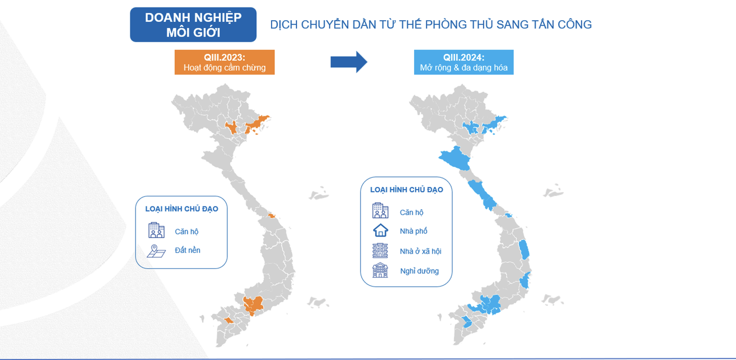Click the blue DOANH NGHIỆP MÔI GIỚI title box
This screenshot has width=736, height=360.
click(x=193, y=24)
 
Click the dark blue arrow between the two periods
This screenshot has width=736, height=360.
click(x=348, y=62)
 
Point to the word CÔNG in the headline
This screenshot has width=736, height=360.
click(x=573, y=24)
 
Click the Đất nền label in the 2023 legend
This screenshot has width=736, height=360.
click(x=187, y=250)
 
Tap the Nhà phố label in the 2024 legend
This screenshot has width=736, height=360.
click(x=414, y=231)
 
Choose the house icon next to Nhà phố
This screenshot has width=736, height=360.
click(x=380, y=230)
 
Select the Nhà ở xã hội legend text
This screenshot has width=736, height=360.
click(x=420, y=251)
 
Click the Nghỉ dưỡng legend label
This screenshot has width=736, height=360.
click(x=419, y=271)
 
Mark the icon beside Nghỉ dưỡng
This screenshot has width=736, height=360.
click(x=380, y=270)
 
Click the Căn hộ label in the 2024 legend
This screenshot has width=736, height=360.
click(x=411, y=212)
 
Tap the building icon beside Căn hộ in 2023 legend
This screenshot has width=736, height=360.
click(x=156, y=230)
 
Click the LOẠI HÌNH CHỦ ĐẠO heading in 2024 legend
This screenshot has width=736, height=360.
click(x=406, y=190)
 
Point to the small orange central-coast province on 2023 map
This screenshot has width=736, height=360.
click(x=272, y=215)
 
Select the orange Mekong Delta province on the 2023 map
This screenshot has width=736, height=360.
click(x=229, y=321)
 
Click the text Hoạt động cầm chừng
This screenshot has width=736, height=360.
click(x=225, y=67)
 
